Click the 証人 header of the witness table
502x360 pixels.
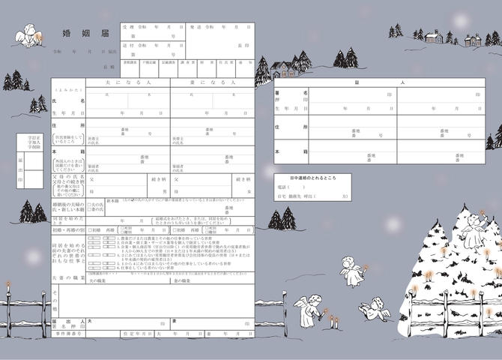pos(380,82)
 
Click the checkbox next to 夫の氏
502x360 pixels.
pos(89,203)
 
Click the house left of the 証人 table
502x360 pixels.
pos(285,69)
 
